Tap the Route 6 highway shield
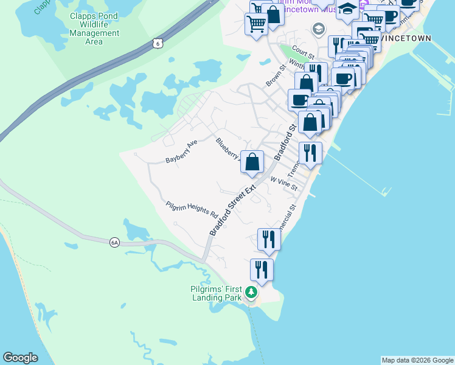[x=158, y=43]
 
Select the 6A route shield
[x=114, y=242]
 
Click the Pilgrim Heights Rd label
[x=192, y=208]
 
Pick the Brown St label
[x=275, y=75]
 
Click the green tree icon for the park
[x=251, y=294]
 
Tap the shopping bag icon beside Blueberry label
[x=252, y=162]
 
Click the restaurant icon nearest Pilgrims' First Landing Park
[x=262, y=269]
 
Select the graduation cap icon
[x=347, y=9]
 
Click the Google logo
[x=20, y=358]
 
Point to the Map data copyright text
[x=417, y=360]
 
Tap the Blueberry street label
[x=228, y=147]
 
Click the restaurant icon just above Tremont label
[x=310, y=153]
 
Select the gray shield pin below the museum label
[x=318, y=29]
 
